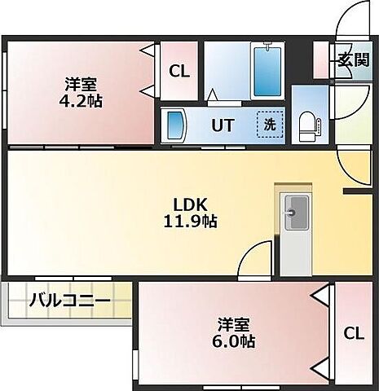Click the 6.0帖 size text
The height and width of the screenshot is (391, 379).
(x=236, y=340)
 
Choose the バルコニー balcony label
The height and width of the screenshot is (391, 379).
(x=69, y=300)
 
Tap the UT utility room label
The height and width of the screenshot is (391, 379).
(x=224, y=125)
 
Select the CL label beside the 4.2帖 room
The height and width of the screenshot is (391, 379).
(x=179, y=72)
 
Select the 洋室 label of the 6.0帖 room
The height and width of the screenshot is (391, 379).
(x=235, y=322)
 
